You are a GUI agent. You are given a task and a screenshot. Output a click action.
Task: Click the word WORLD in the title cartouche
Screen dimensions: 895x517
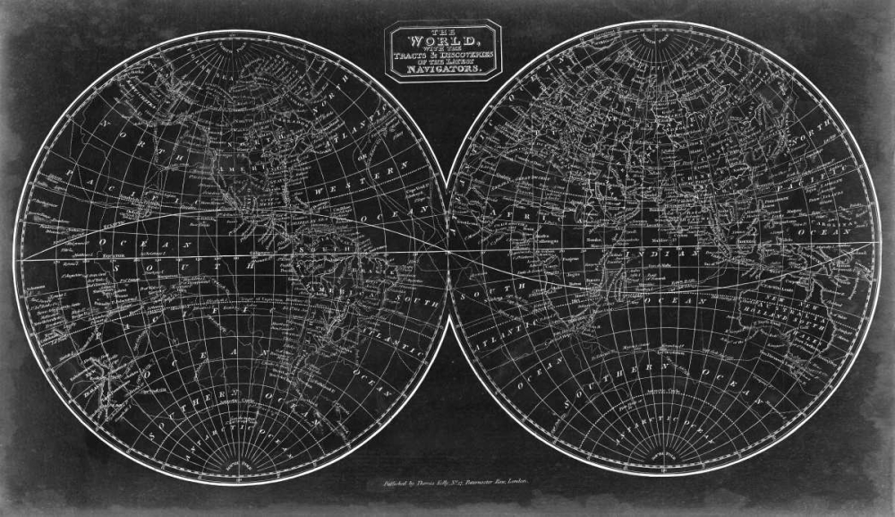click(443, 40)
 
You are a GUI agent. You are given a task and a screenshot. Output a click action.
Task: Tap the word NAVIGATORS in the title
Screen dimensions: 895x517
click(443, 68)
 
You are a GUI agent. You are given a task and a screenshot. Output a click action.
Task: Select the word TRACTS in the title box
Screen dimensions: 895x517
click(421, 52)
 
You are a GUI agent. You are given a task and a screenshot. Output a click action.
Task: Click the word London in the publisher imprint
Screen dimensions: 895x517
click(515, 482)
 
